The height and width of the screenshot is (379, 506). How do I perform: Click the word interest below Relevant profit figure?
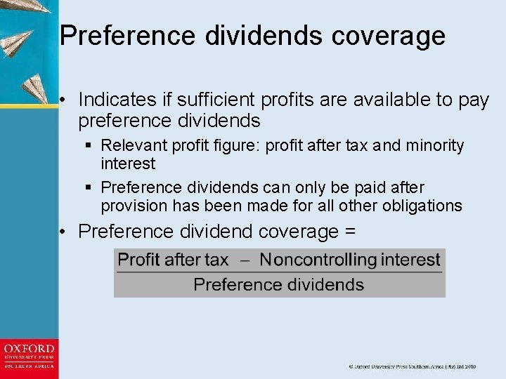128,164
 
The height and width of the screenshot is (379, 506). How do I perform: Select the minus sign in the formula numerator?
244,260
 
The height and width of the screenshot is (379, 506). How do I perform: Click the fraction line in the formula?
279,272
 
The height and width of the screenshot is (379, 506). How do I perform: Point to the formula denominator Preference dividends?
278,284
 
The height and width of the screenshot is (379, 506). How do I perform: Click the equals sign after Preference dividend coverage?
350,232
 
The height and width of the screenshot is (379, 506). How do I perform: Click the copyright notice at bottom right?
412,366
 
